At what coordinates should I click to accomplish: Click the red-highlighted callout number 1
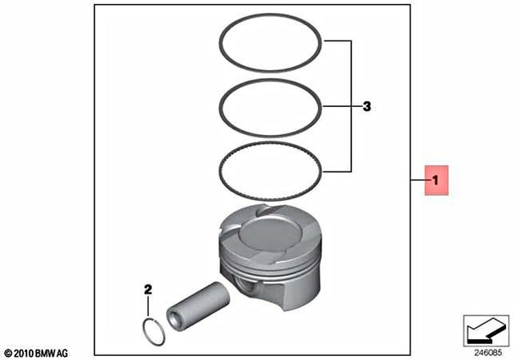click(x=436, y=182)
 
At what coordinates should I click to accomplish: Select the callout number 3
click(x=366, y=106)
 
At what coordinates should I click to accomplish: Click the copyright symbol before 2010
click(x=7, y=353)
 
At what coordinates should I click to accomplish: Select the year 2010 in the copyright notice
click(x=22, y=353)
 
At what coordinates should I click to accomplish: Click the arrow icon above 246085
click(x=484, y=330)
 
